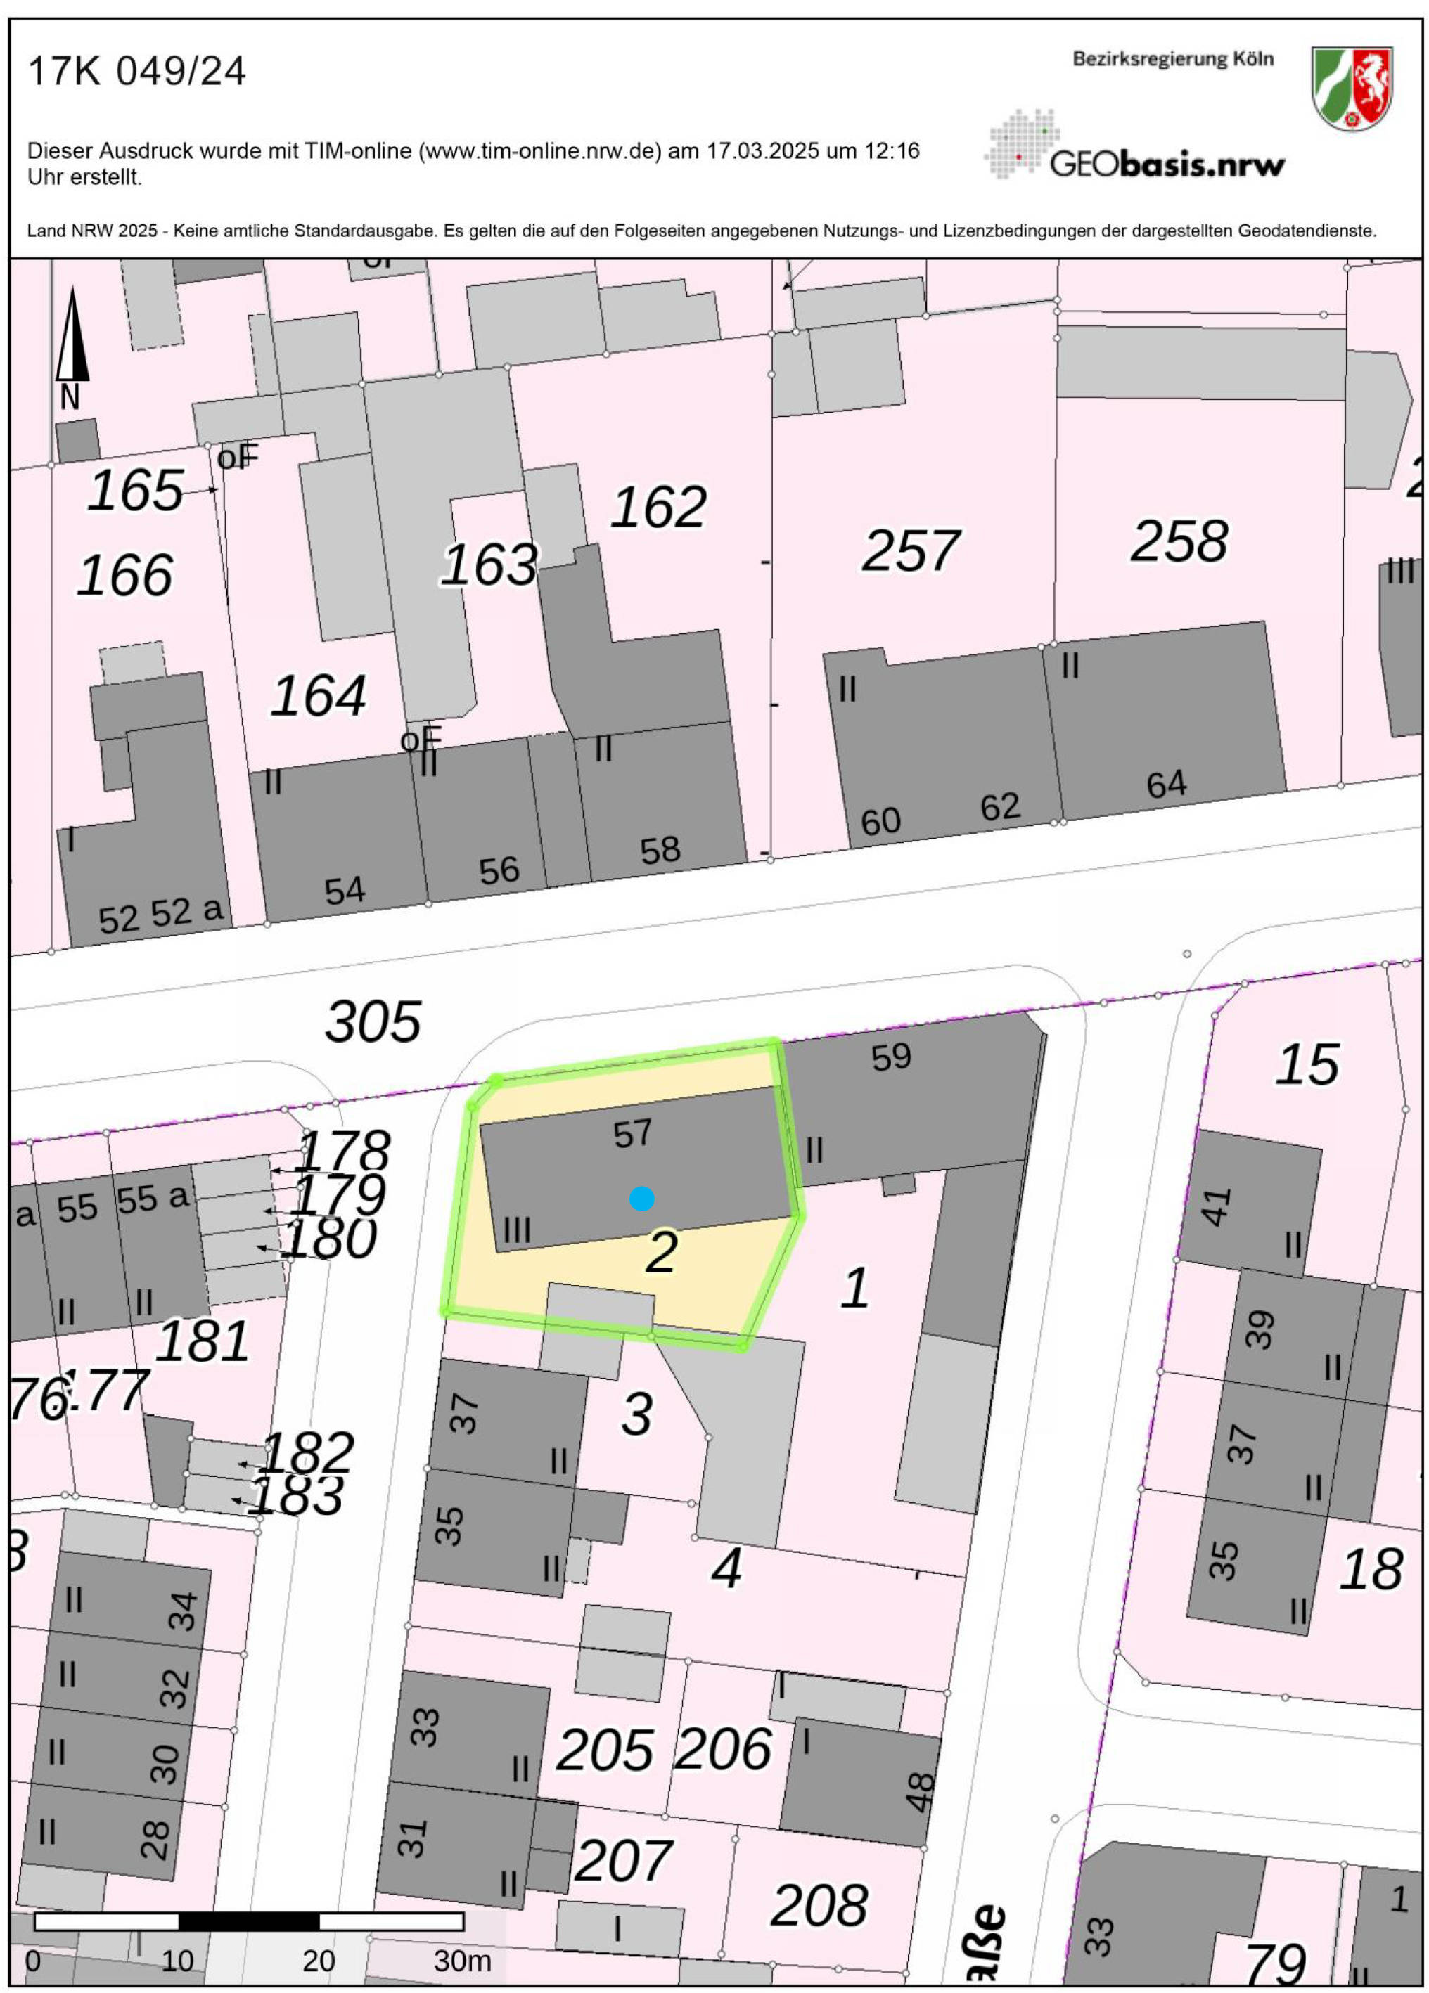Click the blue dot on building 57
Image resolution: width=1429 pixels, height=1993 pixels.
pos(641,1198)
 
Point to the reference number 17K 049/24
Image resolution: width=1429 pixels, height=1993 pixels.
pos(136,71)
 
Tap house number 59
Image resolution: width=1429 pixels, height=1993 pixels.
pos(891,1056)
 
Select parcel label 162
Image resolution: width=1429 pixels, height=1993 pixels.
pos(658,507)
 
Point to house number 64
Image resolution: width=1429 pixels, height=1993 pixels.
pos(1166,784)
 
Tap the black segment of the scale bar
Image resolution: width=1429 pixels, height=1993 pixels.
pos(249,1921)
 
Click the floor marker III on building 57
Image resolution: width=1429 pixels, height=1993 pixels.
pos(517,1230)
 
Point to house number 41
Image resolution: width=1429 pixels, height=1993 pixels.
pos(1217,1206)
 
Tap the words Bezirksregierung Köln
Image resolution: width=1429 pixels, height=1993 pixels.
pos(1172,59)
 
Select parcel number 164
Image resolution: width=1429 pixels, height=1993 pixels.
pos(318,695)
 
